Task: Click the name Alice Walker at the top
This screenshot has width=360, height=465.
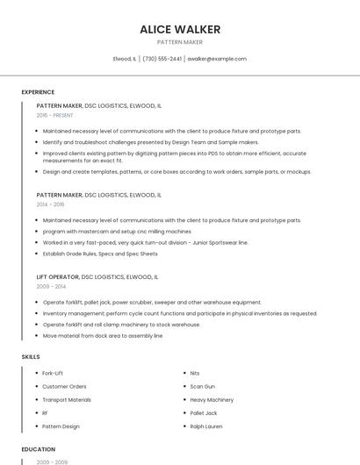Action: point(180,29)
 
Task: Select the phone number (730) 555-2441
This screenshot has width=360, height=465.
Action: point(162,59)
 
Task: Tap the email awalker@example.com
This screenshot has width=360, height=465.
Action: point(217,59)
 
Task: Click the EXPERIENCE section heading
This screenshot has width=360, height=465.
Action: point(38,92)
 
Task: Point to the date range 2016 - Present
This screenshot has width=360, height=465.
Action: point(55,115)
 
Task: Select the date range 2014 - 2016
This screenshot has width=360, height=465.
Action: point(51,204)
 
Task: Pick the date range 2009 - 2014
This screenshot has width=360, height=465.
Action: point(51,286)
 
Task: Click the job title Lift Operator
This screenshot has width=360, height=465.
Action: point(57,276)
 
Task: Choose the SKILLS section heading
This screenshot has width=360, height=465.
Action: point(31,357)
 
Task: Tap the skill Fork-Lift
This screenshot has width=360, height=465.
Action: point(53,373)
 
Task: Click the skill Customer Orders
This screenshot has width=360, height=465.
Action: point(64,386)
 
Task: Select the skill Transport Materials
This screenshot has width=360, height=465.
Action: point(67,399)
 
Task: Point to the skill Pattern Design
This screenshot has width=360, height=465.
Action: point(61,426)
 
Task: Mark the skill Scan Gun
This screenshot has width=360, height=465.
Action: point(202,386)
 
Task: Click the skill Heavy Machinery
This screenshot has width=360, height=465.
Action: point(212,399)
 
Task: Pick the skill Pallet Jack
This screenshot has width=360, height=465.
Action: point(204,412)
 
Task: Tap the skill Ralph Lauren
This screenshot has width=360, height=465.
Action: point(206,426)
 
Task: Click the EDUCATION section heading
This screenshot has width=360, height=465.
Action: point(38,449)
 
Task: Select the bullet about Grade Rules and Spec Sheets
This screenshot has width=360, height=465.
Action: point(100,254)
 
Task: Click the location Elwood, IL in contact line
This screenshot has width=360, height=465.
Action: point(125,59)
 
